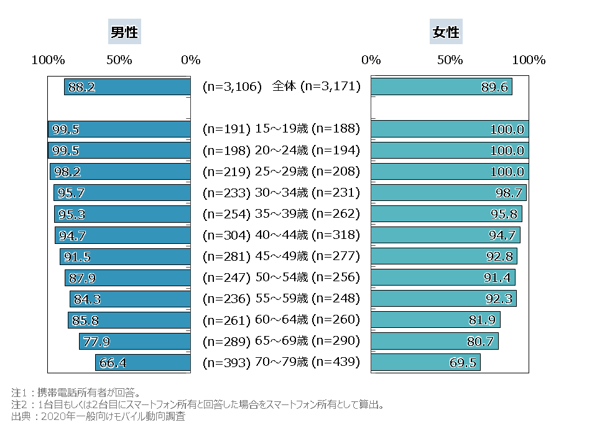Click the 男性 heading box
[124, 32]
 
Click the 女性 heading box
[445, 32]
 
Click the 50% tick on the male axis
[119, 60]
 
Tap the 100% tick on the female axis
[529, 60]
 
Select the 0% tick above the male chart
[190, 60]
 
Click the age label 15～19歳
[282, 129]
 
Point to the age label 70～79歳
[282, 362]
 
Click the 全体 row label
[285, 86]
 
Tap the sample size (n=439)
[336, 362]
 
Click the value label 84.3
[88, 299]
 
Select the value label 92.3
[499, 299]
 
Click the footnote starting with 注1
[75, 393]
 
